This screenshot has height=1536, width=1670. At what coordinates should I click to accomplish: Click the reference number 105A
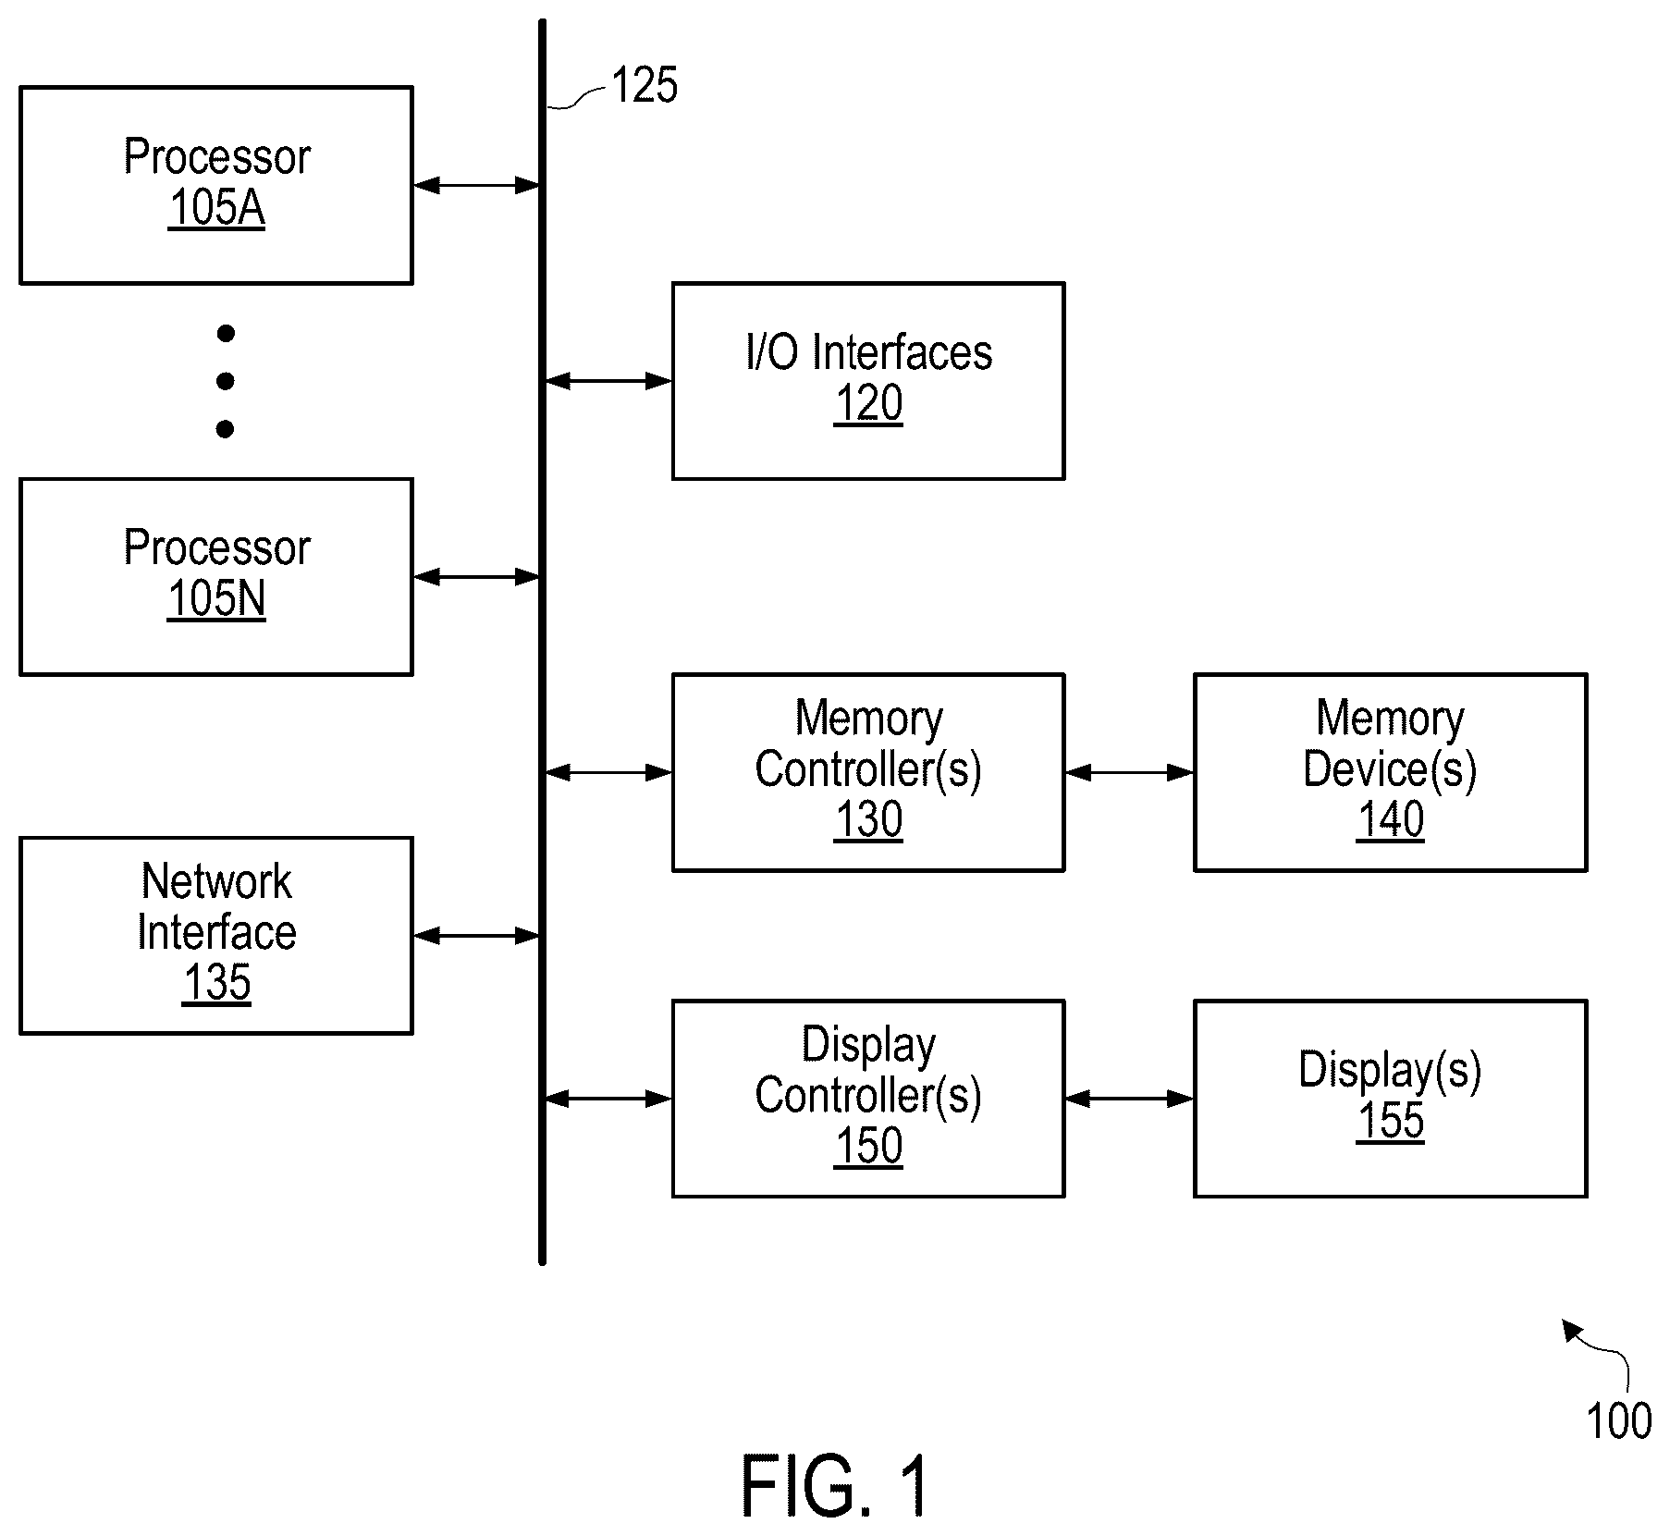[x=216, y=208]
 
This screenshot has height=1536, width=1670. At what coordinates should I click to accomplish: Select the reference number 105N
[x=216, y=599]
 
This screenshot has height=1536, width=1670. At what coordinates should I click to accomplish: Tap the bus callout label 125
[x=645, y=85]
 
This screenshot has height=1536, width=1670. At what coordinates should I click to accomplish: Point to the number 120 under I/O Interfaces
[x=868, y=404]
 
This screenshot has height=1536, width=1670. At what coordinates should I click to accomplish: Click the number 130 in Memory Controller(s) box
[x=868, y=820]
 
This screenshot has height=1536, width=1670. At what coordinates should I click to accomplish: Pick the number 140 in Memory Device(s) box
[x=1390, y=820]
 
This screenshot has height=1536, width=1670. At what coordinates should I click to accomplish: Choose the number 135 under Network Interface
[x=216, y=983]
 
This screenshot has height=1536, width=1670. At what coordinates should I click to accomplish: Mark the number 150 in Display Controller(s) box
[x=868, y=1147]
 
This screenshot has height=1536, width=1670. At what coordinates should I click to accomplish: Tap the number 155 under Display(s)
[x=1390, y=1122]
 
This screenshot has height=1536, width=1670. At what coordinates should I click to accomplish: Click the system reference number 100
[x=1619, y=1421]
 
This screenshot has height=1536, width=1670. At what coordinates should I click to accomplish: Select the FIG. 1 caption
[x=834, y=1486]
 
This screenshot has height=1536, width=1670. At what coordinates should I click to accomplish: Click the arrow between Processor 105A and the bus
[x=477, y=186]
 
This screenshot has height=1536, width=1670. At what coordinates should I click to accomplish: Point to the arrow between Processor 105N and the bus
[x=477, y=577]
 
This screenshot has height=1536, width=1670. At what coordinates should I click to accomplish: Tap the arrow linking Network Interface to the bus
[x=477, y=936]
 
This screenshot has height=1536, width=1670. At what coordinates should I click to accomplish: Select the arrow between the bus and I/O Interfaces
[x=608, y=381]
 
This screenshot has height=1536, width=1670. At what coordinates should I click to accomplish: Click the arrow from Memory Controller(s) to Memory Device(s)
[x=1129, y=772]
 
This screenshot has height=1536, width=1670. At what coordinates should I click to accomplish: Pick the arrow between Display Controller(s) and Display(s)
[x=1129, y=1099]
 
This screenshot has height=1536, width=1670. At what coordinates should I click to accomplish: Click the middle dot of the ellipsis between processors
[x=225, y=381]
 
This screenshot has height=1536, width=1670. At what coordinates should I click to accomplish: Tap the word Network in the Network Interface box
[x=216, y=882]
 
